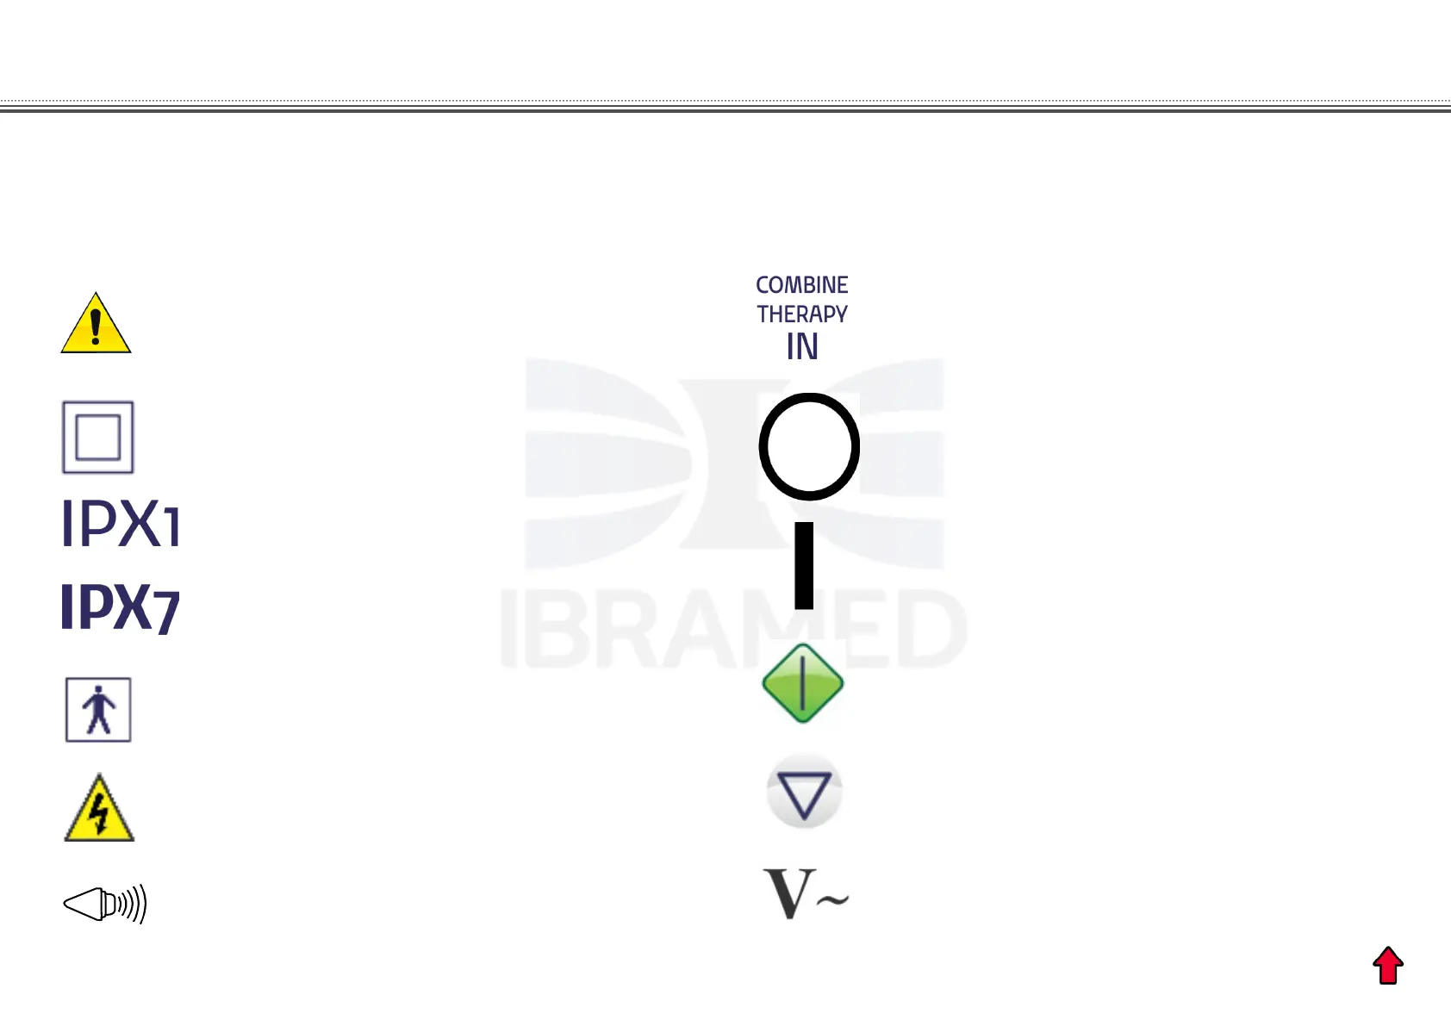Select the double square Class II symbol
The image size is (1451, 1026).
pyautogui.click(x=98, y=438)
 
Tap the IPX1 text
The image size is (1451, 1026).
pyautogui.click(x=121, y=523)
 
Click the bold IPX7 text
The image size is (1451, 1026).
pyautogui.click(x=120, y=608)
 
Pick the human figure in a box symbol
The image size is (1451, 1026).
pyautogui.click(x=98, y=710)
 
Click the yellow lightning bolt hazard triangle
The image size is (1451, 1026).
pyautogui.click(x=99, y=811)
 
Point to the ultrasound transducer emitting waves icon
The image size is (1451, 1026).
pyautogui.click(x=105, y=904)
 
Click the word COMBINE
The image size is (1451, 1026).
pyautogui.click(x=801, y=285)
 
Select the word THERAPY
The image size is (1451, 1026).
pyautogui.click(x=801, y=314)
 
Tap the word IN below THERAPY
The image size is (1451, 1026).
pyautogui.click(x=801, y=347)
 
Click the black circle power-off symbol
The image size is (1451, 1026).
pyautogui.click(x=809, y=446)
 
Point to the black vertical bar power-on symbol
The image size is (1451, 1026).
pyautogui.click(x=804, y=565)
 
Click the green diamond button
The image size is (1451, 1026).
pyautogui.click(x=803, y=683)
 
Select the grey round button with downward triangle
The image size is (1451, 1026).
pyautogui.click(x=804, y=793)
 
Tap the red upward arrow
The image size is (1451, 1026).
pyautogui.click(x=1388, y=966)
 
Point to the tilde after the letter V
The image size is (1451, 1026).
pyautogui.click(x=832, y=900)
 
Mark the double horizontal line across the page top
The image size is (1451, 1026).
pyautogui.click(x=725, y=108)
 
